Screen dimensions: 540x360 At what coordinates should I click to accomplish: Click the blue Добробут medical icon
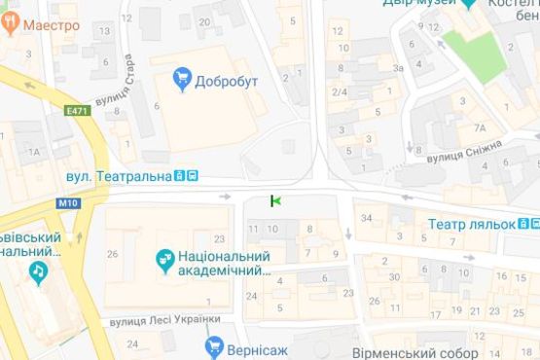[181, 76]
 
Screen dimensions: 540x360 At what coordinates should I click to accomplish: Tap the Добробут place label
[225, 81]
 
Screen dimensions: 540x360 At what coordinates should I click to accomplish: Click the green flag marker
[275, 200]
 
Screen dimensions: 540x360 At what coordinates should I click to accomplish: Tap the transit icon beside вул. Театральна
[187, 176]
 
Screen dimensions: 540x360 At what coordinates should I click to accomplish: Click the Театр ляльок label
[472, 223]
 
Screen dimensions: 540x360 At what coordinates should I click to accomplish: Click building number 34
[367, 217]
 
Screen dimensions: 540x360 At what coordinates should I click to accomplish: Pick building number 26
[113, 255]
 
